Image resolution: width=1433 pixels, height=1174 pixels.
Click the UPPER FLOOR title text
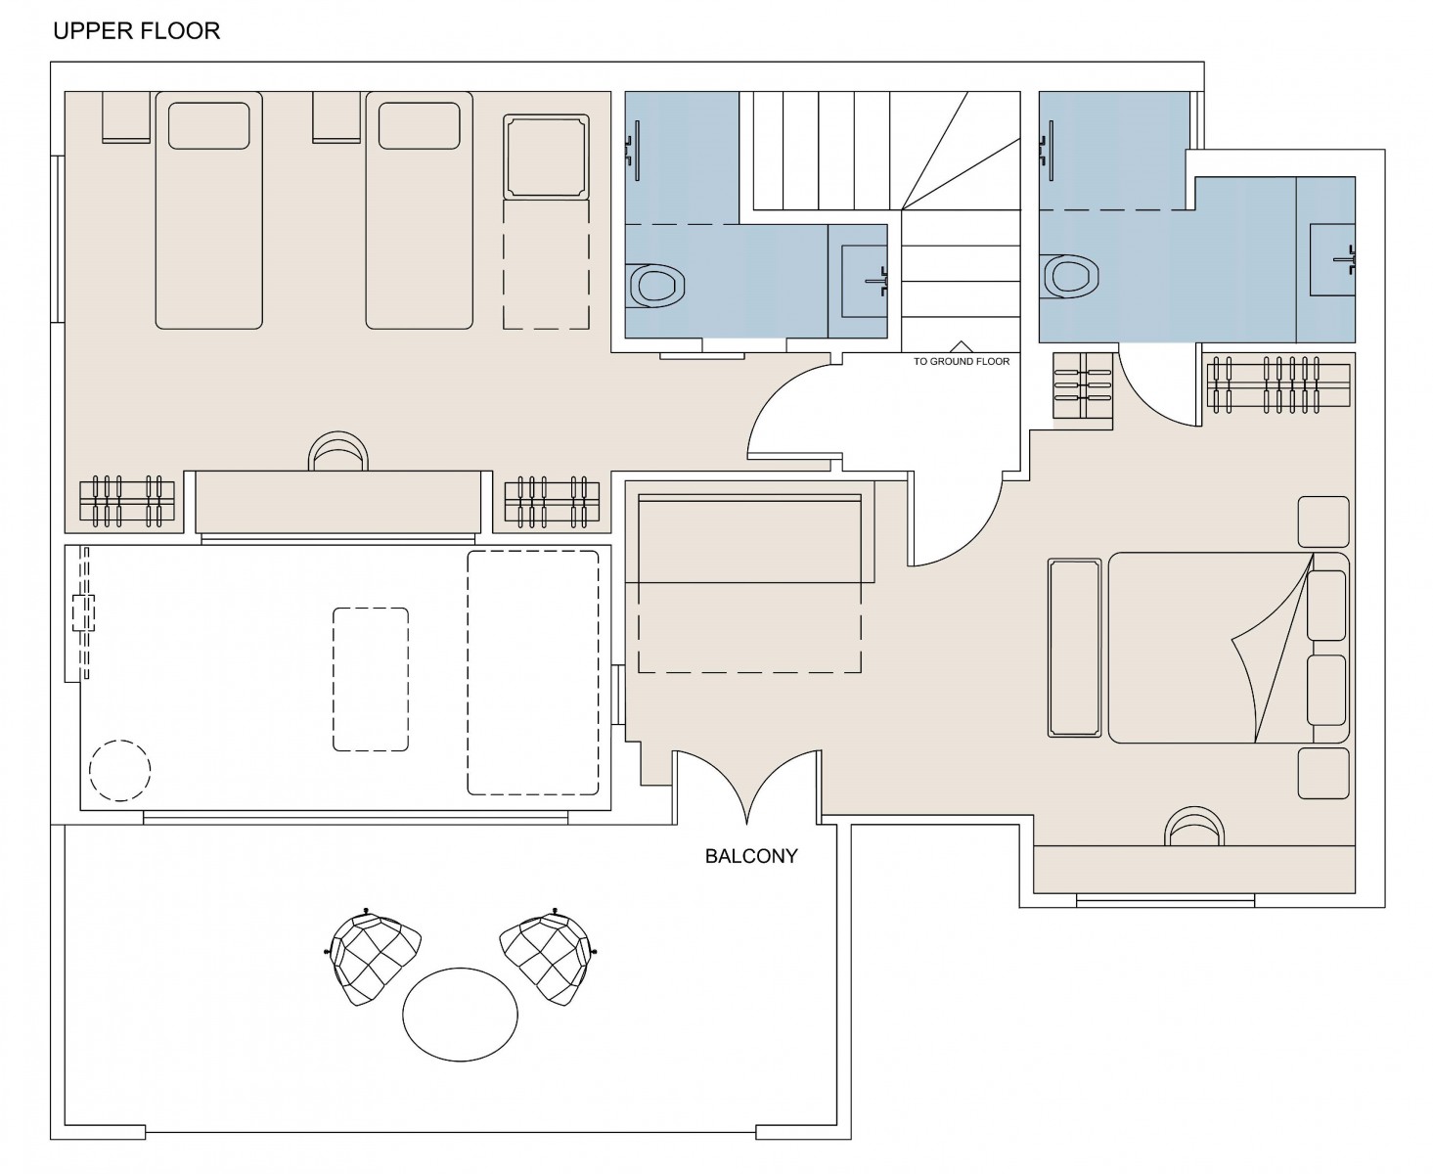(x=137, y=31)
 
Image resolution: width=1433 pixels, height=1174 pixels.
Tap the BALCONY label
(x=751, y=856)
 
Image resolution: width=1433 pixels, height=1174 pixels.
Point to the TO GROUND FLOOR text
(x=961, y=362)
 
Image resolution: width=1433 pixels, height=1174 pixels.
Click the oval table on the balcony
(x=460, y=1015)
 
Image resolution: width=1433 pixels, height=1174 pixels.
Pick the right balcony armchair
(x=549, y=958)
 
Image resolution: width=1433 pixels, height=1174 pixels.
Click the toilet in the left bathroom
(x=654, y=286)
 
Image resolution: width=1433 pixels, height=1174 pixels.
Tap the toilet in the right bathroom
(x=1069, y=277)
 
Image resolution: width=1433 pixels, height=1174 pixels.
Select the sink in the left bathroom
(x=865, y=282)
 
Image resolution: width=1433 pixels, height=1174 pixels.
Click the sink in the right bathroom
(x=1332, y=259)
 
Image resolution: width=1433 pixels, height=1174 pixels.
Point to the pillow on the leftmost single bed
(x=208, y=126)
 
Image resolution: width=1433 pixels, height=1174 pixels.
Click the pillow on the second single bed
(x=420, y=126)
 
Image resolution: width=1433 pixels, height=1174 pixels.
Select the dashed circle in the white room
(x=119, y=770)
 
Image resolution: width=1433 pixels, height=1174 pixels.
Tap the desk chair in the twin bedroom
(x=338, y=451)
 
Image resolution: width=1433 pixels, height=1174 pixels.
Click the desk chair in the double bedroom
(x=1194, y=826)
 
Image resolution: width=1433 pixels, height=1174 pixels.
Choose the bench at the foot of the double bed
(x=1074, y=648)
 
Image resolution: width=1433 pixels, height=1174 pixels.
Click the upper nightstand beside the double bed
(x=1323, y=521)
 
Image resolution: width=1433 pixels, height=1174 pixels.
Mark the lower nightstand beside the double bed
(x=1323, y=774)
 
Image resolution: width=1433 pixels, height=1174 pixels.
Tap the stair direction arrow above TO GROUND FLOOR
(x=961, y=346)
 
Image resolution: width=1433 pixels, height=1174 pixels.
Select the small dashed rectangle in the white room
(x=371, y=679)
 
